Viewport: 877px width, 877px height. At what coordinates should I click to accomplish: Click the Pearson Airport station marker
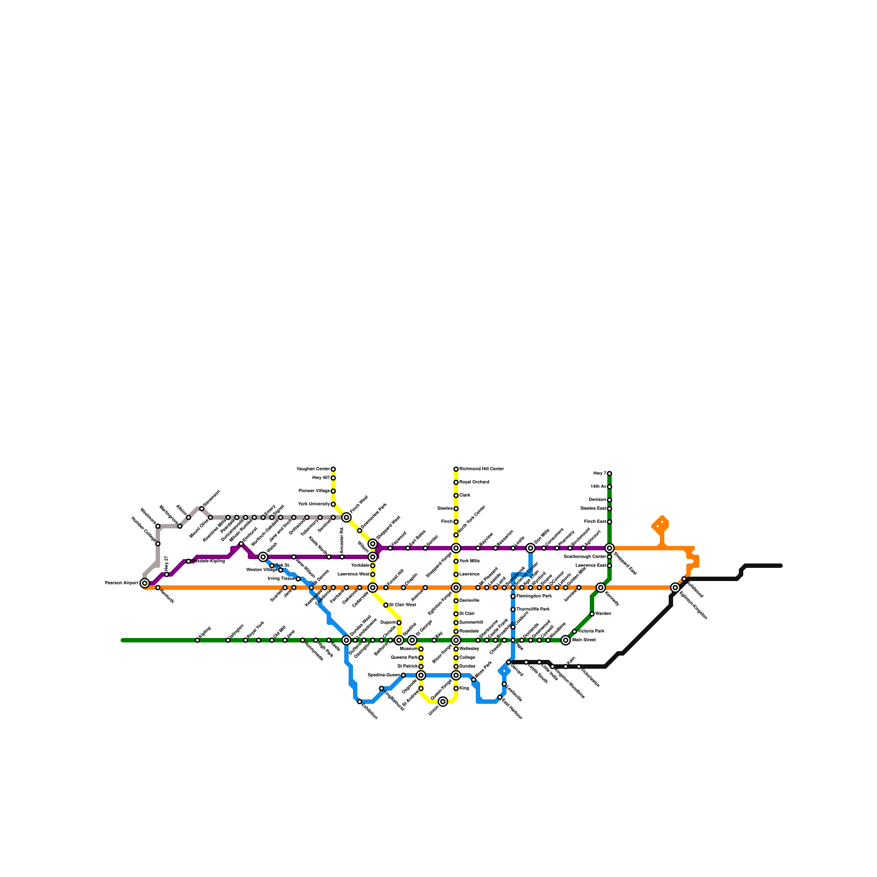145,583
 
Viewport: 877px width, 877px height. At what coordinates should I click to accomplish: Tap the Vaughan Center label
313,469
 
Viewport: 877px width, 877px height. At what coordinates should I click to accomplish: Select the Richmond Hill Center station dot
456,469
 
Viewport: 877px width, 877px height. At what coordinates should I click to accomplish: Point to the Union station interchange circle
443,702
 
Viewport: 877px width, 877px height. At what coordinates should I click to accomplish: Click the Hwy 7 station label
599,474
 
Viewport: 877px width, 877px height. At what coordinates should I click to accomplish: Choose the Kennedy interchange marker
601,588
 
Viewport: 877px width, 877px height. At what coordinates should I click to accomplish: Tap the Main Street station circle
566,640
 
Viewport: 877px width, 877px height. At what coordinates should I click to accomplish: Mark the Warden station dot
592,614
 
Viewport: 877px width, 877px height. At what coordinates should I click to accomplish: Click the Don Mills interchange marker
531,548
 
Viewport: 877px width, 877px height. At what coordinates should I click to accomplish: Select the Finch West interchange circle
346,517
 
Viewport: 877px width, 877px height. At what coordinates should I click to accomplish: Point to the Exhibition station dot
360,702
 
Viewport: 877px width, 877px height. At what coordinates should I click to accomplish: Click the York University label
314,504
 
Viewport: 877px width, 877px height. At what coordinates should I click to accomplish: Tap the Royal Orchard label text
475,482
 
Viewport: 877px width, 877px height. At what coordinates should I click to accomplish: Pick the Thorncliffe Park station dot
513,610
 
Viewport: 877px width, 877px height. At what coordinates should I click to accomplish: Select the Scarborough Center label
585,557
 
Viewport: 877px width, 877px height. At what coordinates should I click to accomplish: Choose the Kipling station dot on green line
197,640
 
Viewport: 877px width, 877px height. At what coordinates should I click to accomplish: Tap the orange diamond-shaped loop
661,525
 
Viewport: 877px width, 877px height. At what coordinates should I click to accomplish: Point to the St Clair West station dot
386,605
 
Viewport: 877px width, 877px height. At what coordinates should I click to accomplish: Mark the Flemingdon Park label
534,596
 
